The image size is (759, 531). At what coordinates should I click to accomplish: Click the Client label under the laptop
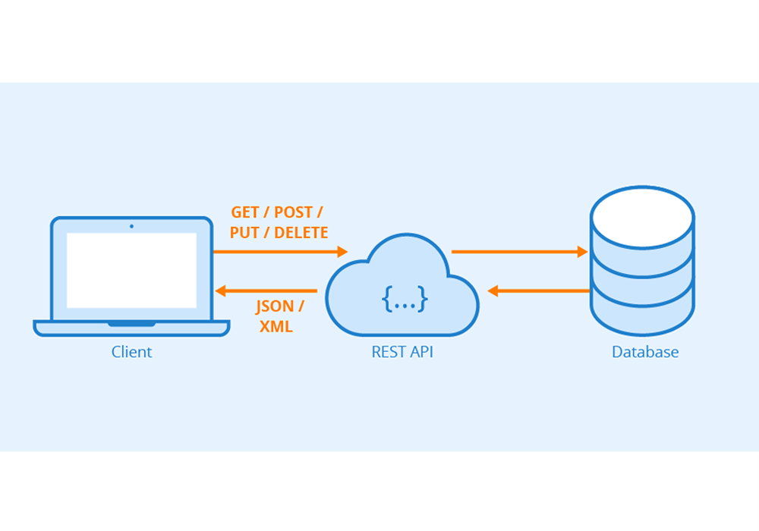pyautogui.click(x=131, y=352)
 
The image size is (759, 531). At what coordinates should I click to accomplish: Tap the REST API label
pyautogui.click(x=402, y=352)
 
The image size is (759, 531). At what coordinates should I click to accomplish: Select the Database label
pyautogui.click(x=645, y=352)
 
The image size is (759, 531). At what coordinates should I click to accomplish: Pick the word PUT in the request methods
pyautogui.click(x=244, y=233)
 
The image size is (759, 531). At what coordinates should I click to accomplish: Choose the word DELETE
pyautogui.click(x=301, y=233)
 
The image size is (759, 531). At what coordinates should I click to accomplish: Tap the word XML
pyautogui.click(x=276, y=327)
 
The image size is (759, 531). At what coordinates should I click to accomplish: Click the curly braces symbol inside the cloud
pyautogui.click(x=405, y=300)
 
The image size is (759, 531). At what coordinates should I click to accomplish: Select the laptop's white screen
pyautogui.click(x=131, y=270)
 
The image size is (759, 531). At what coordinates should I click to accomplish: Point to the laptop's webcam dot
pyautogui.click(x=131, y=225)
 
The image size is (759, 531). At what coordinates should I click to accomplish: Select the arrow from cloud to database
pyautogui.click(x=520, y=251)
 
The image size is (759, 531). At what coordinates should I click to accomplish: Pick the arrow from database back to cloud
pyautogui.click(x=539, y=291)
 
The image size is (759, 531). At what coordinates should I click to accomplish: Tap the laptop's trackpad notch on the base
pyautogui.click(x=131, y=324)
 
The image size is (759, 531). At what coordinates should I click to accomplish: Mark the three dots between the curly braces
pyautogui.click(x=405, y=301)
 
